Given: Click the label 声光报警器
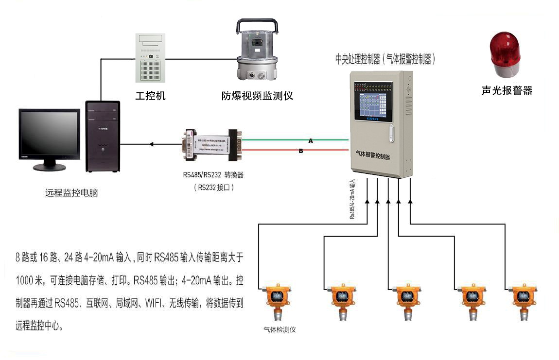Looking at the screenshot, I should (x=507, y=90).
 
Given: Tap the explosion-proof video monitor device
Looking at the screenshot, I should (x=257, y=51).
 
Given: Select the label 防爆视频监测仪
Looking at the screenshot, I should (x=257, y=96).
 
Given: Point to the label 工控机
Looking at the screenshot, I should (x=150, y=96).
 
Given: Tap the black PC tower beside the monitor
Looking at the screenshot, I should (x=102, y=136).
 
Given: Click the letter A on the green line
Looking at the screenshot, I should (x=311, y=141).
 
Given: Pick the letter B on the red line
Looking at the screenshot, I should (x=301, y=151).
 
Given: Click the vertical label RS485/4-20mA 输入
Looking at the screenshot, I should (x=353, y=199).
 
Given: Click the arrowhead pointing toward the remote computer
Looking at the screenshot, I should (x=152, y=144).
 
